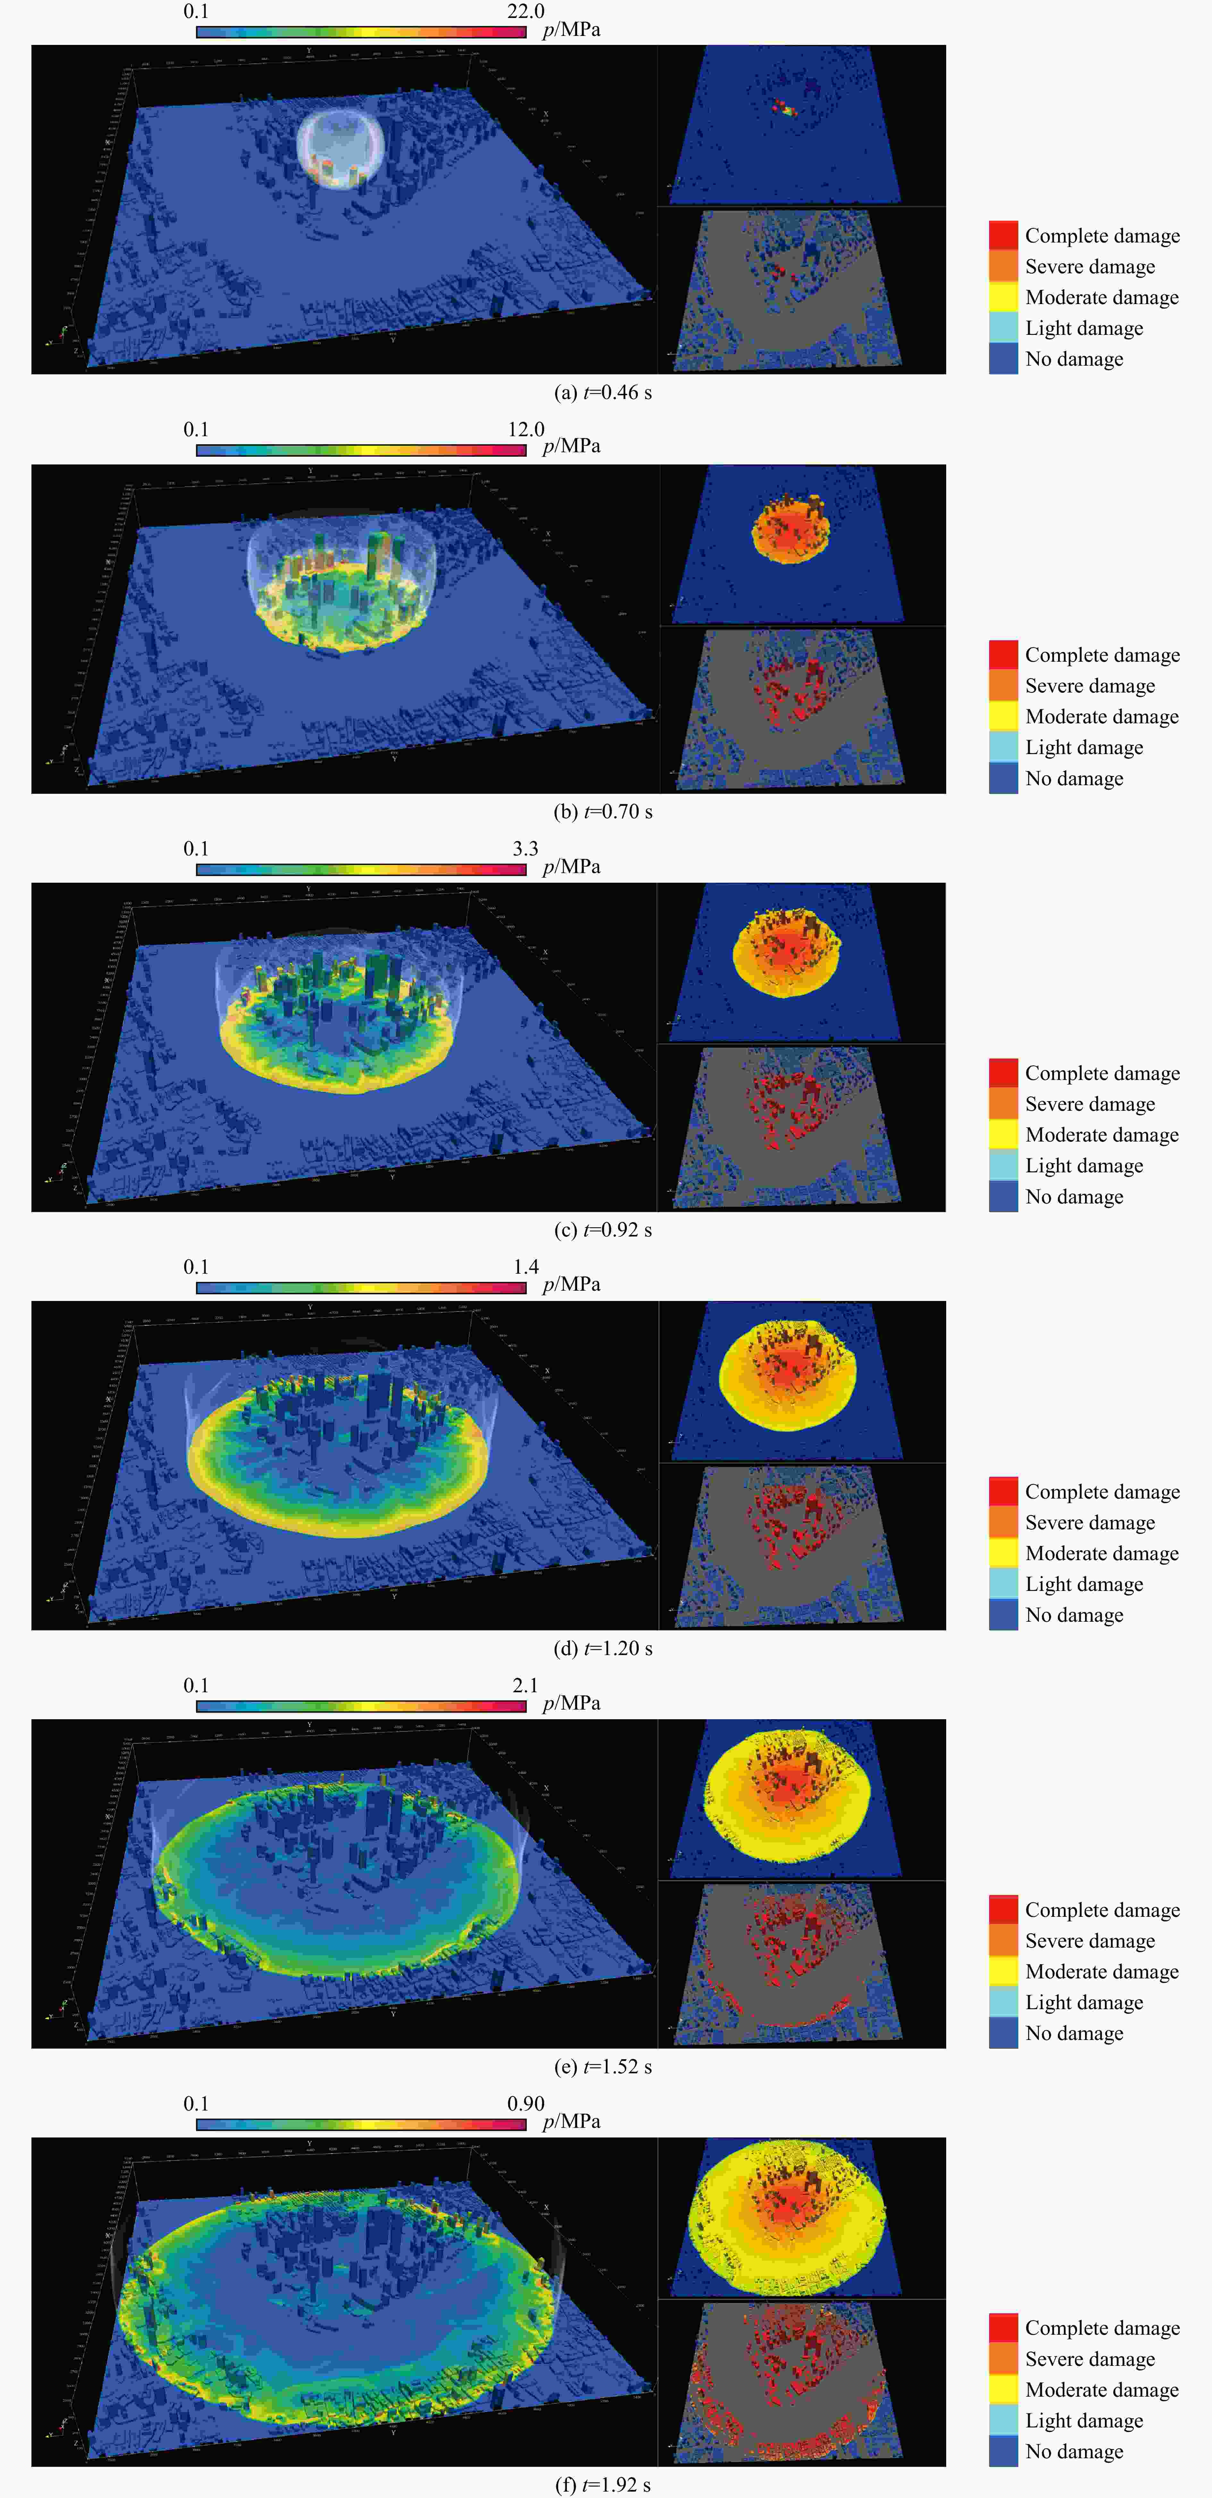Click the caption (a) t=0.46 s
point(602,393)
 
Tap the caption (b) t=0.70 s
point(602,811)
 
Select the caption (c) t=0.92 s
point(602,1230)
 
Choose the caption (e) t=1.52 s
point(602,2067)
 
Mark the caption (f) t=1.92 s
point(602,2485)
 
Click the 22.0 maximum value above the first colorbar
point(526,12)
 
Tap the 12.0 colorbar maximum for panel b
point(526,429)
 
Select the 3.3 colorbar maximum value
point(526,848)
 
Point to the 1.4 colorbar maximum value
point(526,1266)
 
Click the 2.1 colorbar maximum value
point(526,1685)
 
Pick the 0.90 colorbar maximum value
point(526,2103)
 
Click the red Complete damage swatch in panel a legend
point(1003,236)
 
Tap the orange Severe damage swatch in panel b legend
point(1003,685)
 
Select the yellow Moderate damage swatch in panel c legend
point(1003,1134)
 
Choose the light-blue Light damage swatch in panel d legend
point(1003,1584)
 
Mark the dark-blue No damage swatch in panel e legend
point(1003,2033)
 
